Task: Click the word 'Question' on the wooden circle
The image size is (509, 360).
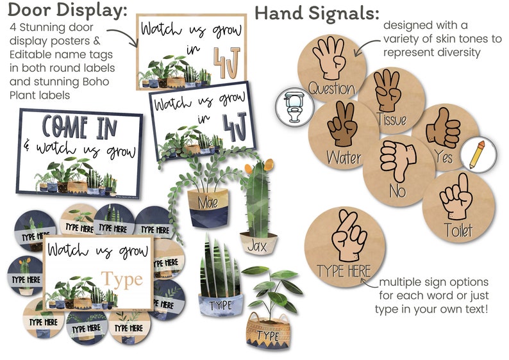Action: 331,88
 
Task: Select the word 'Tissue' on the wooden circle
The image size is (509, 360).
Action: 392,119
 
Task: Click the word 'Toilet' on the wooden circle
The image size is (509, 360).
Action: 458,229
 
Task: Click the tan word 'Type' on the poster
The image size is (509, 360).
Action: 122,279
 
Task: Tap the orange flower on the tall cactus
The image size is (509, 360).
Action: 249,168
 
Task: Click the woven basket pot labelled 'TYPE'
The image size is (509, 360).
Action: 270,332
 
